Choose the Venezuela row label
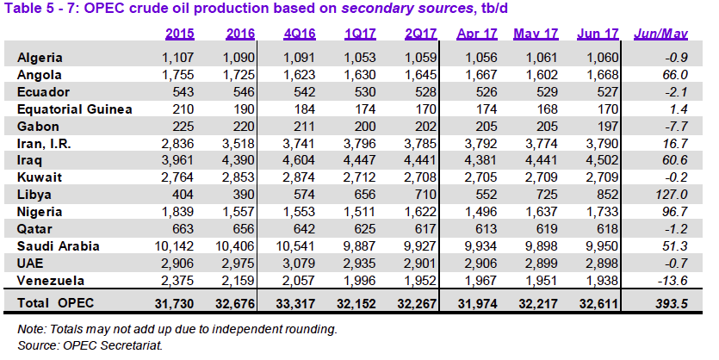pyautogui.click(x=51, y=280)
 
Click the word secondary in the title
pyautogui.click(x=325, y=9)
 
